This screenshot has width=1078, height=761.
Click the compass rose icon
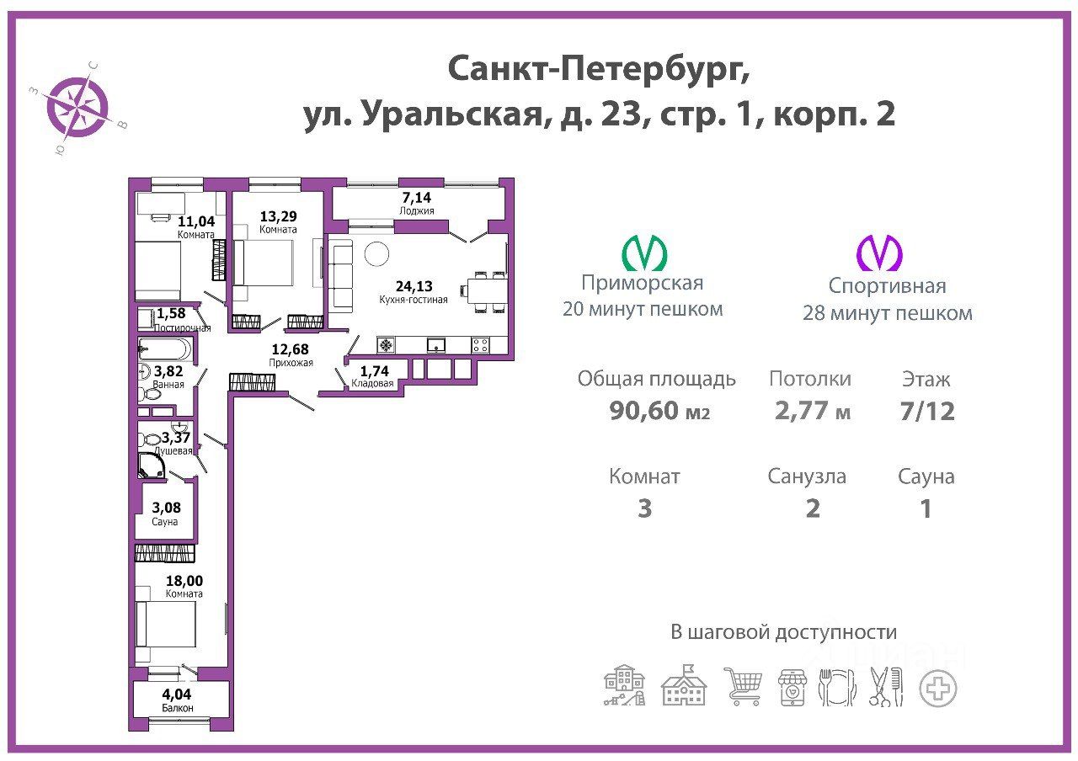tap(77, 107)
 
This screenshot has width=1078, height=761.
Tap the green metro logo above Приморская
tap(644, 253)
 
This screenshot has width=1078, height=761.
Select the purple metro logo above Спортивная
tap(879, 253)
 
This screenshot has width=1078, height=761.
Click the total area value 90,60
tap(643, 410)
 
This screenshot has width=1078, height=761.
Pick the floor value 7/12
tap(927, 412)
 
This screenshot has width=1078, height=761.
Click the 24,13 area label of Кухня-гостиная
tap(414, 286)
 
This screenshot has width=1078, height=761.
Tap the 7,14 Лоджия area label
tap(417, 197)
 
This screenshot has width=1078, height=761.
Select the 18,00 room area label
tap(184, 581)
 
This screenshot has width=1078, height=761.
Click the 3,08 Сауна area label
tap(167, 508)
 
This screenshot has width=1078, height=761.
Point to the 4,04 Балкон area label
tap(177, 694)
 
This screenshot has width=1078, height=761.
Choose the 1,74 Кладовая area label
tap(375, 371)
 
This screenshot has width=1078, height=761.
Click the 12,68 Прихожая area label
tap(291, 349)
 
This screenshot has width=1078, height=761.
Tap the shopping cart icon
tap(743, 686)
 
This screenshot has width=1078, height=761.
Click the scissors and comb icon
tap(886, 687)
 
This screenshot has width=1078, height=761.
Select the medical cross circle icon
tap(938, 689)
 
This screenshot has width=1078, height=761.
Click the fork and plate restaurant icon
tap(837, 688)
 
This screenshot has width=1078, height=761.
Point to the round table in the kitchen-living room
tap(376, 253)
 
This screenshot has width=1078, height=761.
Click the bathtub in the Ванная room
tap(164, 349)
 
